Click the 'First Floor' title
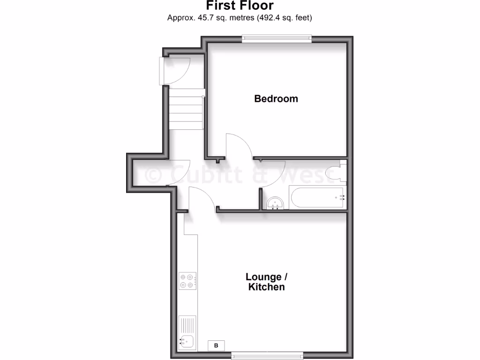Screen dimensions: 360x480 tap(240, 6)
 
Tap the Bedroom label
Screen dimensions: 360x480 tap(276, 98)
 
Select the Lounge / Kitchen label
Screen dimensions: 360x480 tap(266, 282)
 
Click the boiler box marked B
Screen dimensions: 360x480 tap(216, 346)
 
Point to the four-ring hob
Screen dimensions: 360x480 tap(187, 281)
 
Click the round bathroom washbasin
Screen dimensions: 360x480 tap(274, 203)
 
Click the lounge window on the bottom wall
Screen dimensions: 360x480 tap(267, 356)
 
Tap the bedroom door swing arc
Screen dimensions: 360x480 tap(239, 145)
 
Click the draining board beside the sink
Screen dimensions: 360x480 tap(187, 325)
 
